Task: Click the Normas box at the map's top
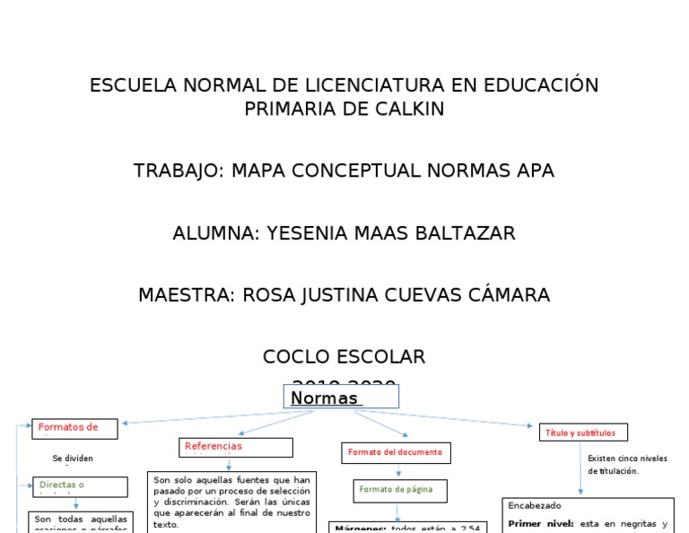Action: [x=341, y=398]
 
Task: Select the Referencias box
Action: [x=236, y=447]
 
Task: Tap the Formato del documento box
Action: [x=396, y=452]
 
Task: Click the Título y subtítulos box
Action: [x=582, y=433]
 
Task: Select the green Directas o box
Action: [x=76, y=486]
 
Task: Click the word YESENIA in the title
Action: [x=302, y=233]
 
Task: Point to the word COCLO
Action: [x=298, y=357]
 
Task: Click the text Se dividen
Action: [x=73, y=458]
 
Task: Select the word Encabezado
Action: [x=535, y=505]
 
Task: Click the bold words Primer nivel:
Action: [x=540, y=523]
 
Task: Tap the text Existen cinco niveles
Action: [x=627, y=459]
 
